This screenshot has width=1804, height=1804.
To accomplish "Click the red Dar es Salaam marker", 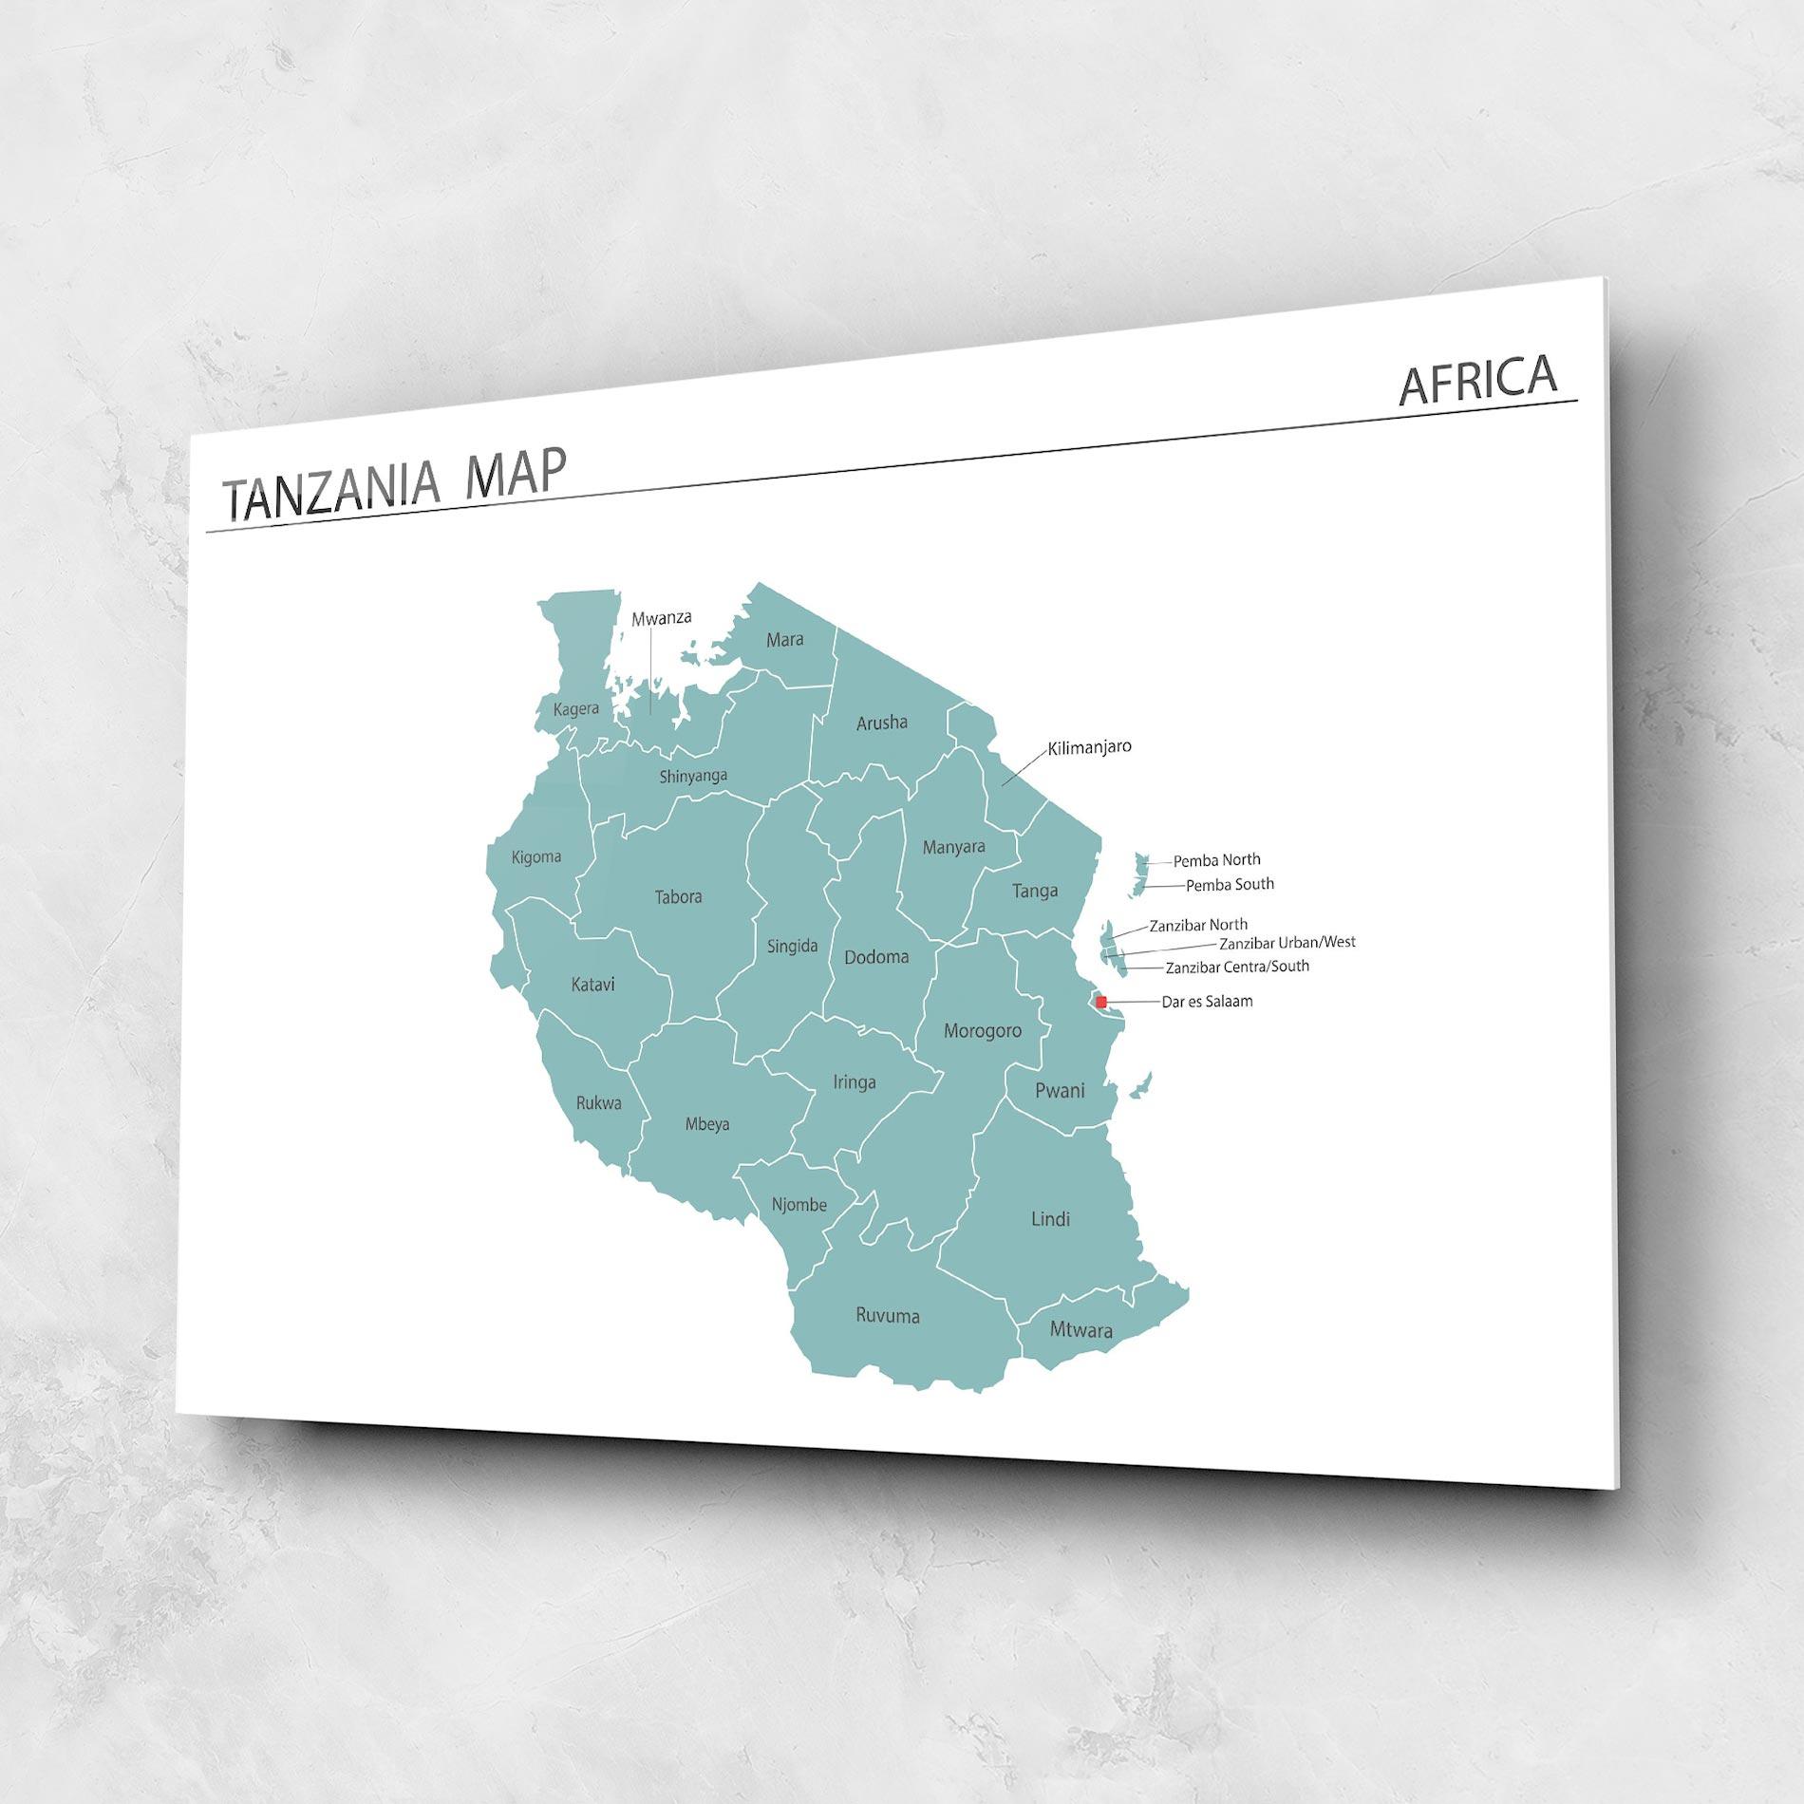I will [1100, 1001].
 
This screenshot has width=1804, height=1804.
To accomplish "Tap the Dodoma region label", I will [876, 957].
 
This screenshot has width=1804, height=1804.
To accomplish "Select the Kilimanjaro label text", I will [1089, 747].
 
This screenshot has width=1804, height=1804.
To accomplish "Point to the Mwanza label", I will [662, 618].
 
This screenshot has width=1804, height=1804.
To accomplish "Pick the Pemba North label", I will [1216, 860].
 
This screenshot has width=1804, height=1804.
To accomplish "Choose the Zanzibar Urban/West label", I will [1287, 943].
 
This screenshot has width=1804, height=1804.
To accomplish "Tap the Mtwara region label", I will [1081, 1330].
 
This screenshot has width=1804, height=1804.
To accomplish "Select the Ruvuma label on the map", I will [887, 1316].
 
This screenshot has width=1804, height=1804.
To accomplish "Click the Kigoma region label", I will [536, 857].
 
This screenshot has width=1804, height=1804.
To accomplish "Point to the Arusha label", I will [882, 723].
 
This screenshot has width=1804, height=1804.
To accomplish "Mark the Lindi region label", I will [1050, 1219].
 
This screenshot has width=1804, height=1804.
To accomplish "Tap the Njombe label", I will [799, 1205].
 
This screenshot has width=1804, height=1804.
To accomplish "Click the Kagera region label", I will [576, 709].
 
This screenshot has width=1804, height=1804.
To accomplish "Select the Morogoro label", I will [982, 1030].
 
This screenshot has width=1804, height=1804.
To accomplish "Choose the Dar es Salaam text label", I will [1207, 1001].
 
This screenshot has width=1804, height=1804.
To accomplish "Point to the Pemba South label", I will [1230, 885].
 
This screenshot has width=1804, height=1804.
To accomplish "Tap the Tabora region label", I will [678, 896].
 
